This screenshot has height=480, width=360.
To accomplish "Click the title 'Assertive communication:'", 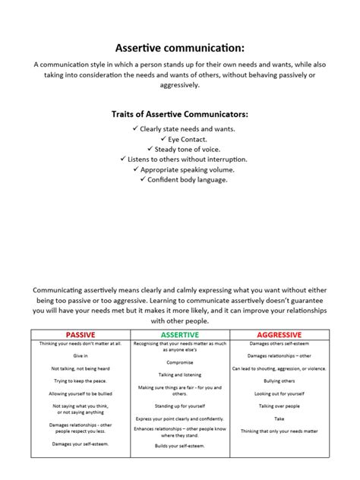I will click(179, 47).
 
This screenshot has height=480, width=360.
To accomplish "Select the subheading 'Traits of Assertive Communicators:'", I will click(179, 114).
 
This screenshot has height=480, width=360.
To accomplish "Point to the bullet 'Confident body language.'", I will click(183, 180).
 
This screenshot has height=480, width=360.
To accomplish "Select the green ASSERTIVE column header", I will click(179, 334).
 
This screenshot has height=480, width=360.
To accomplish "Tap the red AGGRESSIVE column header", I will click(279, 334).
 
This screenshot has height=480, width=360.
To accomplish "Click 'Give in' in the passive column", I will click(81, 355).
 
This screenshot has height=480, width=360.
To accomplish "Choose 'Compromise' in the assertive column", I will click(179, 362).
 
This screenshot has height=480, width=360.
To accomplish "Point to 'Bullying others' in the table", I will click(279, 381).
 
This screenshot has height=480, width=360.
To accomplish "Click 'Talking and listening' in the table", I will click(179, 374).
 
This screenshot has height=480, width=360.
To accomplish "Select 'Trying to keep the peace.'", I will click(81, 381).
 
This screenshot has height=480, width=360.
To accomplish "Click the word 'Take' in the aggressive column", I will click(279, 418).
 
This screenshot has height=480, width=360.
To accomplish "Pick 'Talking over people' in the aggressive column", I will click(279, 406).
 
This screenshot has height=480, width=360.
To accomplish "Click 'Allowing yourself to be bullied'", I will click(81, 393).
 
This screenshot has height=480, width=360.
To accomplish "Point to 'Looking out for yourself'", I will click(279, 393).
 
